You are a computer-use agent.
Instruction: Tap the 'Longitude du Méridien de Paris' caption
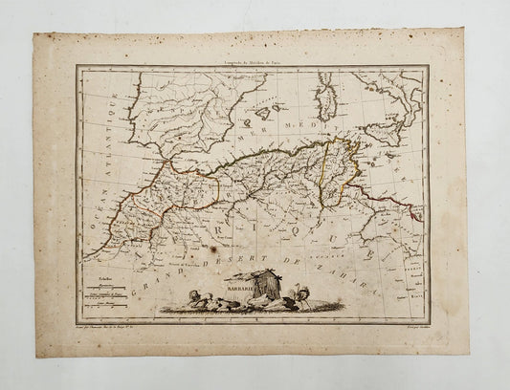(254, 59)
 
